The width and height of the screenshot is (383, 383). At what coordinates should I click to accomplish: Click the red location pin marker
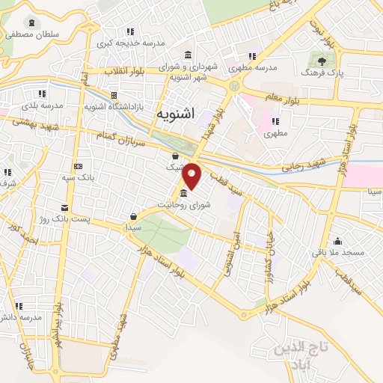tap(193, 176)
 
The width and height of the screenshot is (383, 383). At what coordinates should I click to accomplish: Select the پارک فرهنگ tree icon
tap(322, 62)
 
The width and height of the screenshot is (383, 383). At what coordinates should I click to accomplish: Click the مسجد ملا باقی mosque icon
tap(338, 241)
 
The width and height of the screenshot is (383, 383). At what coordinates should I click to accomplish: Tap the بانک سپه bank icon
tap(78, 166)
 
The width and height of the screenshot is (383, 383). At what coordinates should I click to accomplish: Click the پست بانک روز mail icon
tap(65, 206)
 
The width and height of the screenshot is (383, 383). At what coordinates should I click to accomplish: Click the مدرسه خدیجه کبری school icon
tap(131, 31)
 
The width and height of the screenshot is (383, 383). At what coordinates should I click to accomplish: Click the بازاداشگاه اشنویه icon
tap(114, 96)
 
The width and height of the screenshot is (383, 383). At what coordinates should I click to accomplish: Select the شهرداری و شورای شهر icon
tap(187, 55)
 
